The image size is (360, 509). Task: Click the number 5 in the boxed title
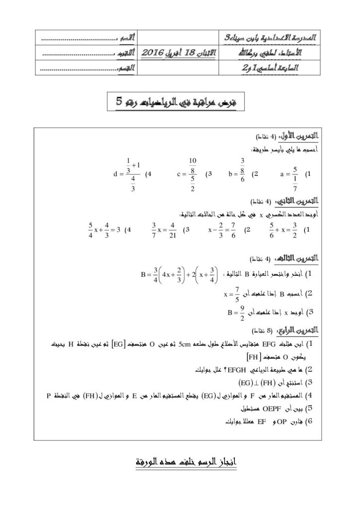point(119,101)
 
